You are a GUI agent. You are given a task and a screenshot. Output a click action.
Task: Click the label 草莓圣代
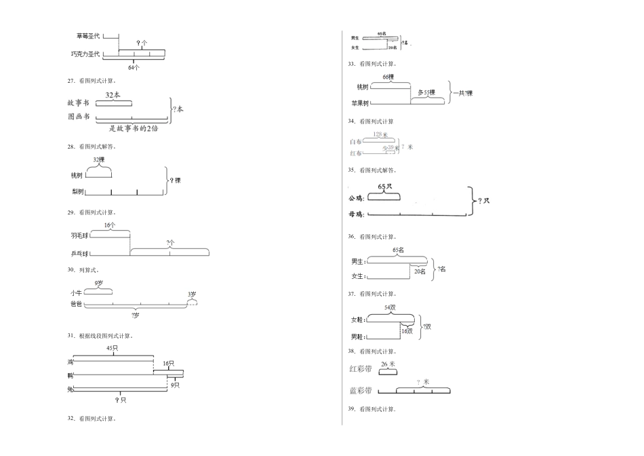click(88, 35)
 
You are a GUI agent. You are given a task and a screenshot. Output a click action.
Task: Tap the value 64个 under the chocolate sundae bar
click(134, 67)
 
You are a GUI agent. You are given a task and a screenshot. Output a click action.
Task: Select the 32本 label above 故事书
click(113, 96)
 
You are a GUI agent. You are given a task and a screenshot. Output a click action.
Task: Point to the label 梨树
click(77, 192)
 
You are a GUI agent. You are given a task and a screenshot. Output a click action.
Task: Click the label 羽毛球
click(79, 235)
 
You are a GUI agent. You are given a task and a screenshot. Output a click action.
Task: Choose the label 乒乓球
click(79, 254)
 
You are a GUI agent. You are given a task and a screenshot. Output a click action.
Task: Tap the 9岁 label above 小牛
click(99, 283)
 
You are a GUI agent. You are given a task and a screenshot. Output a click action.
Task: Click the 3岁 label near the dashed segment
click(193, 294)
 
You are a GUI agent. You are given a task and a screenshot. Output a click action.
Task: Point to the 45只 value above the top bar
click(113, 348)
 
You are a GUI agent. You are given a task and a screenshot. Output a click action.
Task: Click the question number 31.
click(71, 335)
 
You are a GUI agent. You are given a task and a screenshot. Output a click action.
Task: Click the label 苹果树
click(359, 103)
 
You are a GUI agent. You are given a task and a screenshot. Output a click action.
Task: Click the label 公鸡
click(356, 199)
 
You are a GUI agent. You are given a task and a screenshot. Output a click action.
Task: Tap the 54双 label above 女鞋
click(390, 307)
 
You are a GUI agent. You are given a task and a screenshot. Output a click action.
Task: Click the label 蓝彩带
click(360, 391)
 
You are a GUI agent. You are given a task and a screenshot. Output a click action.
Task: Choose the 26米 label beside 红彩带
click(388, 364)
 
